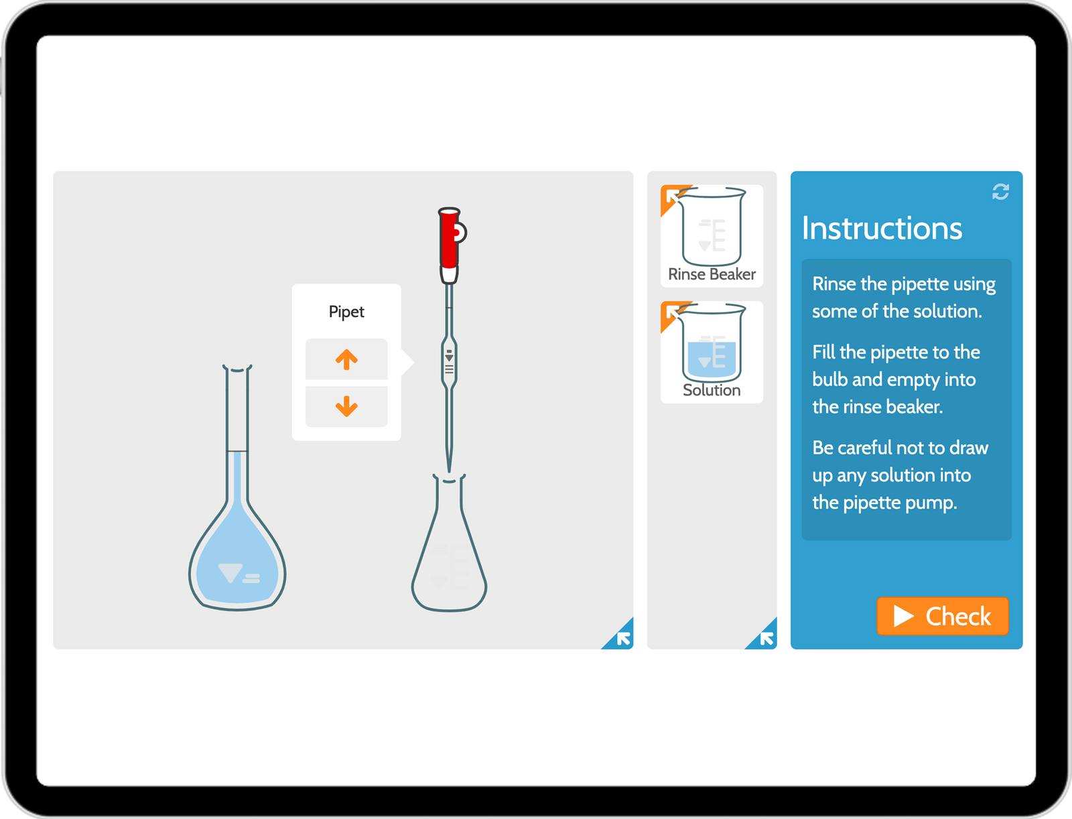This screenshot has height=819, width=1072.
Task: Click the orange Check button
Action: point(942,616)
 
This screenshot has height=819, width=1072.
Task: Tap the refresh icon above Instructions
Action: point(1000,192)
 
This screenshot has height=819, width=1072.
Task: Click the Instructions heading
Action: point(882,229)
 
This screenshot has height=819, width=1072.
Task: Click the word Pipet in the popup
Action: point(346,312)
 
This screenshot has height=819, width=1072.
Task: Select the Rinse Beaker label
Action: point(712,274)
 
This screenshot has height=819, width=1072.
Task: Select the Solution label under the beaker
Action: point(712,390)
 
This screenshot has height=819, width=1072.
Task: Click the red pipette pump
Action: point(450,239)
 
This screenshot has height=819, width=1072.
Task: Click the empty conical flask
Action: point(449,556)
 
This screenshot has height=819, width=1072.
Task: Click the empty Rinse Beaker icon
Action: point(712,228)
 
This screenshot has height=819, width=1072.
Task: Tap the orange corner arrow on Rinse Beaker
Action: point(671,196)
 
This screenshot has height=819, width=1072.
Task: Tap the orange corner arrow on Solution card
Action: point(671,312)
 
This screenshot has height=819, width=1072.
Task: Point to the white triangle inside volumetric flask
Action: point(230,573)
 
